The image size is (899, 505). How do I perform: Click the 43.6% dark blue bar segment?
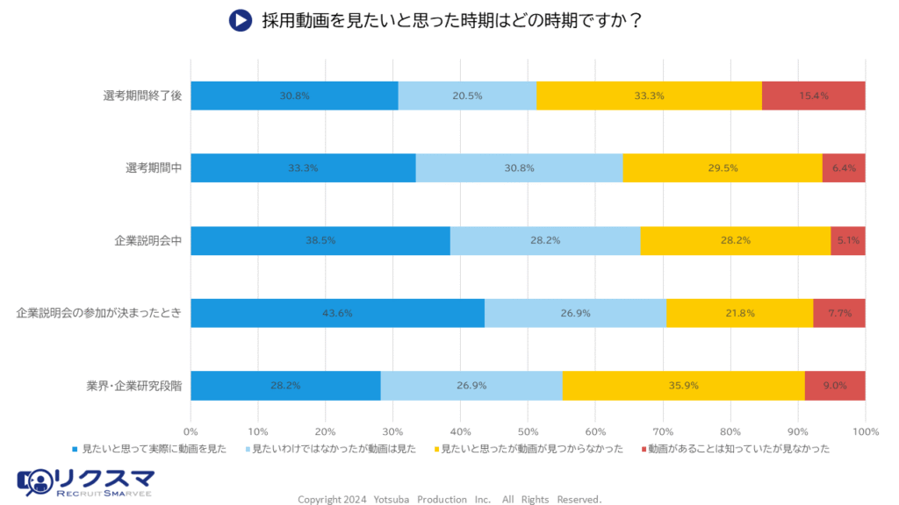pos(337,313)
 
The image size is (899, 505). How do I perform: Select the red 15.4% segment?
pos(813,96)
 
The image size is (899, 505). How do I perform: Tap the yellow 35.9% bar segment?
pos(683,385)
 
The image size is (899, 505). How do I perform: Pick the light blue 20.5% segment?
pos(467,96)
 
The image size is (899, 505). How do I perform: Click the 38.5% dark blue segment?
pos(320,240)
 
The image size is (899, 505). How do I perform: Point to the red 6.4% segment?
pos(844,168)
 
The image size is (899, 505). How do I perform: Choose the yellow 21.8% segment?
pos(739,313)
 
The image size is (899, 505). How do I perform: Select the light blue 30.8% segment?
pos(519,168)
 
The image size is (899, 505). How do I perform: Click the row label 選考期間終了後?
pos(142,96)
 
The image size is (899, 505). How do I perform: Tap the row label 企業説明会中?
pos(147,240)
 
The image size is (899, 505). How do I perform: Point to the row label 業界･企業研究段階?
pos(134,385)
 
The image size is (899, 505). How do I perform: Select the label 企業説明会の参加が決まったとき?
pos(98,313)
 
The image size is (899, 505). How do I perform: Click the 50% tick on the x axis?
pos(528,431)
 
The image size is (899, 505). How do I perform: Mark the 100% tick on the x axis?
pos(865,431)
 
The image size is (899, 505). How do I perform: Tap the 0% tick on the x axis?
pos(191,431)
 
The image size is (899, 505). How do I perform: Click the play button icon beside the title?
pos(241,20)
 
